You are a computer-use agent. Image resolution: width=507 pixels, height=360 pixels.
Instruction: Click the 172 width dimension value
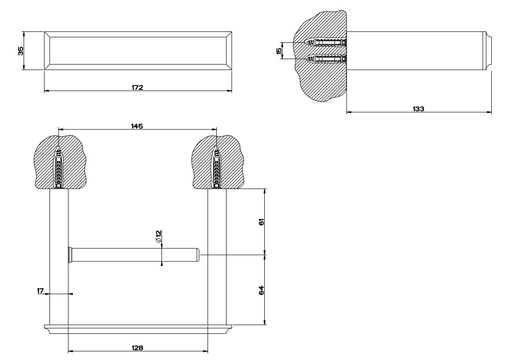(137, 87)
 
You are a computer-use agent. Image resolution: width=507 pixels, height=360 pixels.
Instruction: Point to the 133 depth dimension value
(418, 108)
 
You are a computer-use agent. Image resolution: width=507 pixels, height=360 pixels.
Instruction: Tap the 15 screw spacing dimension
(279, 51)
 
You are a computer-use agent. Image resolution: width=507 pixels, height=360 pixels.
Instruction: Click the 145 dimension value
(137, 126)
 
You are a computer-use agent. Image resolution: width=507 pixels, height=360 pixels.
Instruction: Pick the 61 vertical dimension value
(261, 222)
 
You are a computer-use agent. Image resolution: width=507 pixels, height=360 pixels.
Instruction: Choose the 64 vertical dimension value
(261, 290)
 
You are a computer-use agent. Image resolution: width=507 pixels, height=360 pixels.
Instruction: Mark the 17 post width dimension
(41, 291)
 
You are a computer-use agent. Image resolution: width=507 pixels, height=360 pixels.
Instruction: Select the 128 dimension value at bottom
(137, 349)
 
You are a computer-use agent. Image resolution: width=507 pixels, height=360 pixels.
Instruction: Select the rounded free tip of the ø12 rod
(197, 254)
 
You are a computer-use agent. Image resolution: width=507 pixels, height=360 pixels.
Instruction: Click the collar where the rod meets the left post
(70, 254)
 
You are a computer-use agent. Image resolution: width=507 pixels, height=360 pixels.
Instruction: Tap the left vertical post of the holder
(59, 277)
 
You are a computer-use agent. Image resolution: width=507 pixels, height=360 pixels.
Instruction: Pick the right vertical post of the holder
(216, 277)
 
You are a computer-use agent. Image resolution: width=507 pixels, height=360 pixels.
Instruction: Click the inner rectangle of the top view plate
(137, 51)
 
